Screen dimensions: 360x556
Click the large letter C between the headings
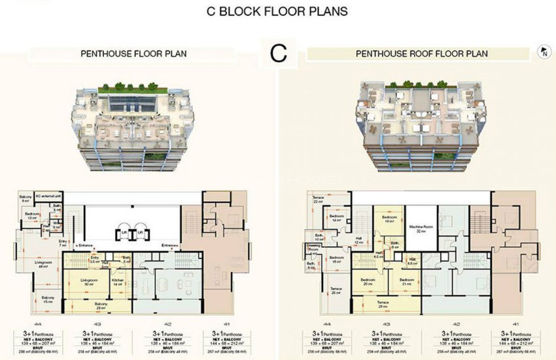coord(279,54)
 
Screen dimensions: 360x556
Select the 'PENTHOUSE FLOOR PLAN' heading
coord(133,54)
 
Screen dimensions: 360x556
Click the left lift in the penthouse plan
coord(123,232)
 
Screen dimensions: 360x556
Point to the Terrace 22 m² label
coord(319,199)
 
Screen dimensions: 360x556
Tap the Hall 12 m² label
coord(358,241)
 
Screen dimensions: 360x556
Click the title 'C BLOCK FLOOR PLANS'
coord(277,11)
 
